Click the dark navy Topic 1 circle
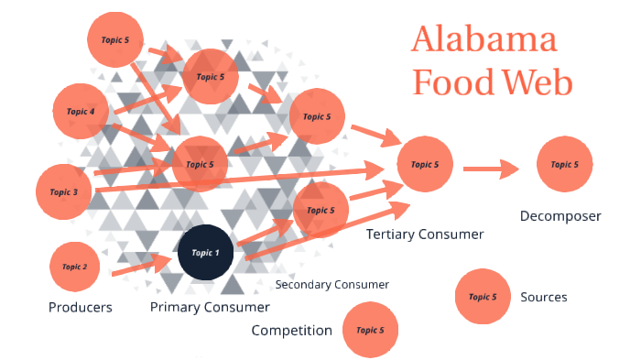tap(205, 252)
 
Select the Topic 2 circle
tap(75, 267)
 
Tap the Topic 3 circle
tap(64, 191)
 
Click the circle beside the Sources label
tap(483, 297)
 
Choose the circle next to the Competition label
tap(370, 330)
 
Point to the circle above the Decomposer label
tap(563, 165)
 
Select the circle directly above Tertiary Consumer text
tap(425, 164)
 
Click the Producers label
tap(81, 308)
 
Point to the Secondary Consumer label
tap(332, 285)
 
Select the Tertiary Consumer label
tap(424, 235)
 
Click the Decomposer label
tap(560, 217)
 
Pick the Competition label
tap(291, 331)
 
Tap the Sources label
tap(544, 297)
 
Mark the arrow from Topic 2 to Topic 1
tap(143, 266)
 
